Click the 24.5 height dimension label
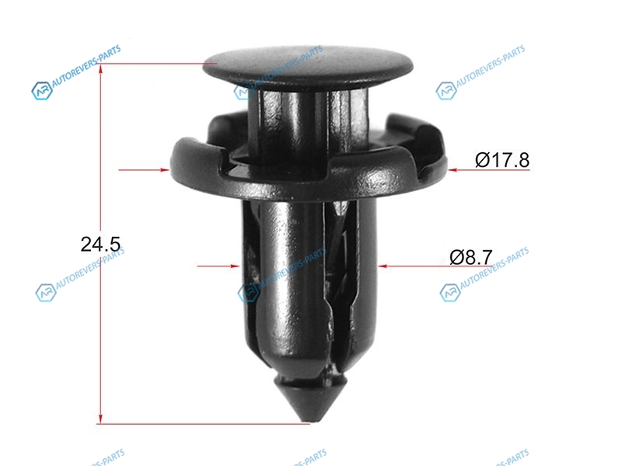pyautogui.click(x=100, y=244)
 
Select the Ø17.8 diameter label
pyautogui.click(x=502, y=160)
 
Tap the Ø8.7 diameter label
pyautogui.click(x=471, y=257)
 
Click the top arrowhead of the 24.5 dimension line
pyautogui.click(x=101, y=70)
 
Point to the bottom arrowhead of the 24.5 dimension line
pyautogui.click(x=101, y=418)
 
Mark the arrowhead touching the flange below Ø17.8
pyautogui.click(x=453, y=169)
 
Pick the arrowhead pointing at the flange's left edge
pyautogui.click(x=165, y=169)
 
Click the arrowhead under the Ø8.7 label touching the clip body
pyautogui.click(x=383, y=266)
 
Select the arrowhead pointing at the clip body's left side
pyautogui.click(x=235, y=266)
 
